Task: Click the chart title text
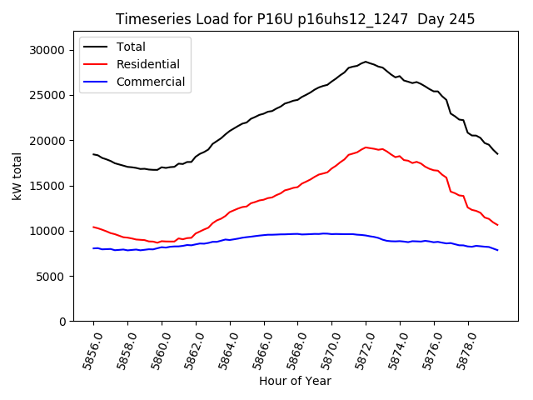pos(294,19)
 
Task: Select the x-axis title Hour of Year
pos(295,381)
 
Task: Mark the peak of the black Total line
pos(365,62)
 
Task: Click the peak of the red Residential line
pos(366,147)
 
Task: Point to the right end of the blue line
pos(497,250)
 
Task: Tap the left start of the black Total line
pos(93,153)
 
